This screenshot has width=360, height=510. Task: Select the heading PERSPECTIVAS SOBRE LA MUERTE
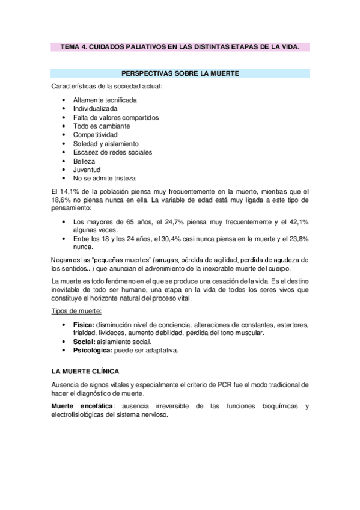(x=180, y=73)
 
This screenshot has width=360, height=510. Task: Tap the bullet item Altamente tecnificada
(x=105, y=100)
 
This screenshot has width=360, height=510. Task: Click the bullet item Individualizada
(x=95, y=109)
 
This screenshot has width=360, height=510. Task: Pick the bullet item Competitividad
(x=97, y=135)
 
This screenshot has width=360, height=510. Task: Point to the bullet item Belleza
(x=84, y=161)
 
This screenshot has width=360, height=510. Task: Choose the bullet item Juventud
(x=87, y=170)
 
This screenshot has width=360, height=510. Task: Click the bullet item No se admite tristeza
(x=104, y=179)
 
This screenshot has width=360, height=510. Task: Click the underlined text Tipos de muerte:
(x=76, y=311)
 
